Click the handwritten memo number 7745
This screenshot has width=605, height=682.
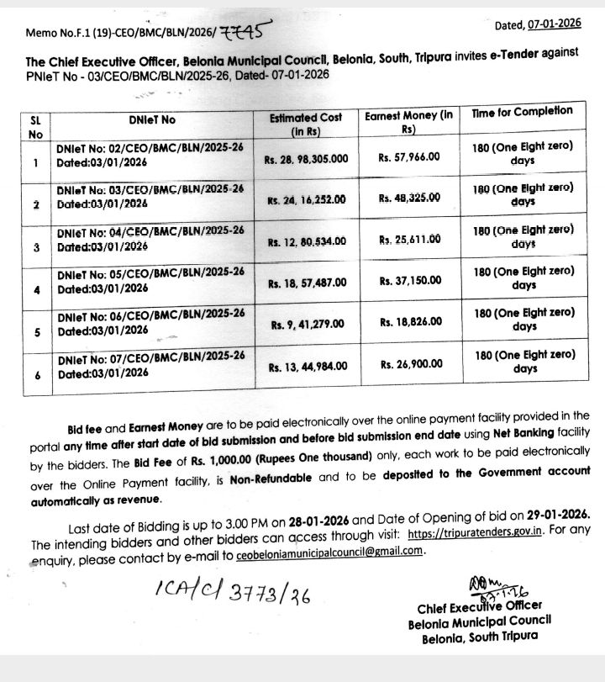coord(244,32)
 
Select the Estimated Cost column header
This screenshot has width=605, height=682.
coord(306,124)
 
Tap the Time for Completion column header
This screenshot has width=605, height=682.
coord(522,111)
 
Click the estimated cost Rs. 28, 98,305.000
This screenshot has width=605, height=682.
coord(308,158)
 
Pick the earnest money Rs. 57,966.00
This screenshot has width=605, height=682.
coord(409,156)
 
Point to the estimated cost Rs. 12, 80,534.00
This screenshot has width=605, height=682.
coord(307,241)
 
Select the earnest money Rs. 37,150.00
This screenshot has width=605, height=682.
coord(410,282)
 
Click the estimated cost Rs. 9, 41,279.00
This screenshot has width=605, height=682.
coord(308,324)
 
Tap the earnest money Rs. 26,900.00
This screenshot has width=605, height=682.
coord(411,365)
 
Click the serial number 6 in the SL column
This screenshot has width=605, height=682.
coord(38,375)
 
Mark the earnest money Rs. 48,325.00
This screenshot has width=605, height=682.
coord(409,198)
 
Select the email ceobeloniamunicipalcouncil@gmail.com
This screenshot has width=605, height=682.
coord(327,551)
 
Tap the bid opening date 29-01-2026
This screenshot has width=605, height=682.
coord(555,513)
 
